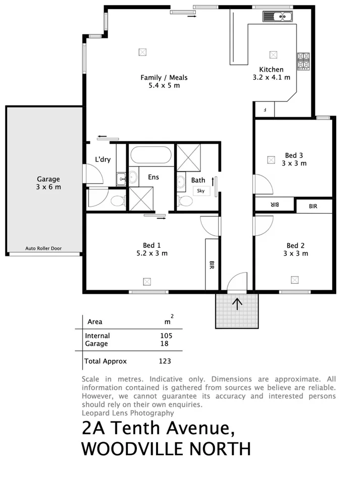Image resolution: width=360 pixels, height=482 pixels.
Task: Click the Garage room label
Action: pos(48,179)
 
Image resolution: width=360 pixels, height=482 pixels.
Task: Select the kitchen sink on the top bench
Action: pos(277,17)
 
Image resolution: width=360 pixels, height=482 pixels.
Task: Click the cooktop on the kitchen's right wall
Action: pos(303,62)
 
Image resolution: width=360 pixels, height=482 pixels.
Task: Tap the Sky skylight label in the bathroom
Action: pos(200,190)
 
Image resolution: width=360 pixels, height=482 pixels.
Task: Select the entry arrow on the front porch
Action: pos(237,303)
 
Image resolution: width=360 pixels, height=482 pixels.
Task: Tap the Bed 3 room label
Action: pos(294,155)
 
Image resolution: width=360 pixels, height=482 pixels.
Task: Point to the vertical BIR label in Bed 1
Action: pos(212,264)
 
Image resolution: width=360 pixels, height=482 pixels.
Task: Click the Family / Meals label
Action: pos(164,77)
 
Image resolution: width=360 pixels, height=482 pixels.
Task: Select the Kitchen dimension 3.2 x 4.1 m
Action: pos(271,78)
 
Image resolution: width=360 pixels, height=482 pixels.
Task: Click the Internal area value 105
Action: pos(166,336)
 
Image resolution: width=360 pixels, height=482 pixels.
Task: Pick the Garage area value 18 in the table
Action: pos(164,344)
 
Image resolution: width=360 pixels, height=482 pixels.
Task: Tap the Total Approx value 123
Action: pos(165,361)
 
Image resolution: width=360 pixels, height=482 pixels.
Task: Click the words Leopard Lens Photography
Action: pos(128,413)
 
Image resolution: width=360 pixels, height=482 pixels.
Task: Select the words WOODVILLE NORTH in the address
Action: pos(166,448)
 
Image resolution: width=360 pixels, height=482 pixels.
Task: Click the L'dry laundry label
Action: pos(102,159)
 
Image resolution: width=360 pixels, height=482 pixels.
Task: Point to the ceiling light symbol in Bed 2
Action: pos(295,279)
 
